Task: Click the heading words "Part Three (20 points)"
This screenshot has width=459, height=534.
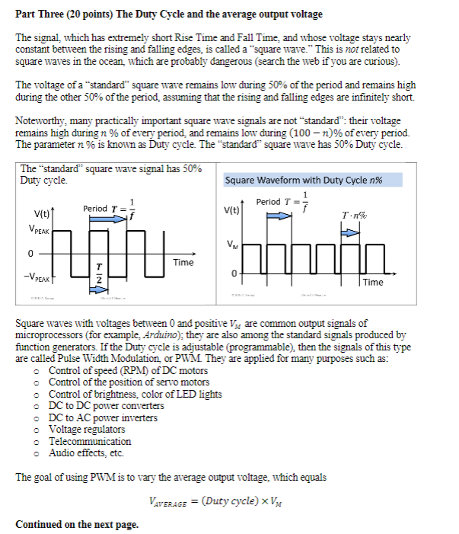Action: [65, 14]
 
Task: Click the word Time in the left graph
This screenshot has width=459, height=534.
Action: [183, 262]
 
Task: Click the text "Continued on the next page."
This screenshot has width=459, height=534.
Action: [77, 524]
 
